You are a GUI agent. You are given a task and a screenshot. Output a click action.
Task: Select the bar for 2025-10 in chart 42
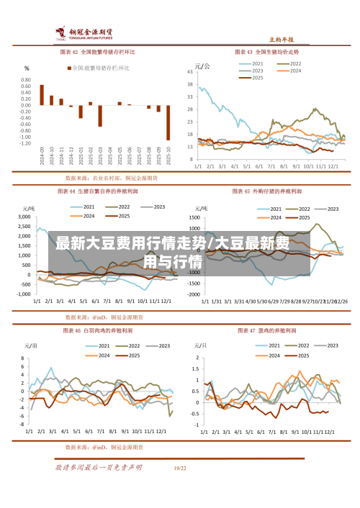(168, 122)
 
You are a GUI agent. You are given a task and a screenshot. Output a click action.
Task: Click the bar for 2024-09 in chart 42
(42, 95)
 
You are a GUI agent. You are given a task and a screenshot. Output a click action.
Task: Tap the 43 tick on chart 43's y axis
(191, 71)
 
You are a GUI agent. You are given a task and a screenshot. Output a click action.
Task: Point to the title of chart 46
(99, 331)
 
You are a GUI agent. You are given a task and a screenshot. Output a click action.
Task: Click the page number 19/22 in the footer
(180, 468)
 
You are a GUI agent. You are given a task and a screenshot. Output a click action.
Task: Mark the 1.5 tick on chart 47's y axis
(194, 358)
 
